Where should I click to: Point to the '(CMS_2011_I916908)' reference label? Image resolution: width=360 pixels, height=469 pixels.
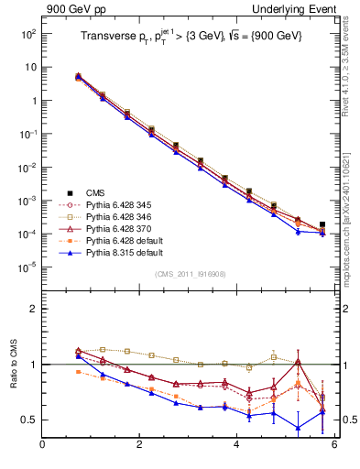click(190, 274)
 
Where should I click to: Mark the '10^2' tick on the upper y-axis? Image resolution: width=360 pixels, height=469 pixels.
click(28, 34)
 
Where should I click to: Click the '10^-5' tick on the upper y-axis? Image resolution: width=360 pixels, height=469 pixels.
click(27, 267)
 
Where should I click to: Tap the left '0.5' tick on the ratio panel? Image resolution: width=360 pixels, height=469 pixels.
click(29, 420)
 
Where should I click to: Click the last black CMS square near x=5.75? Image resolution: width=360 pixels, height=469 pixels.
click(322, 224)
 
